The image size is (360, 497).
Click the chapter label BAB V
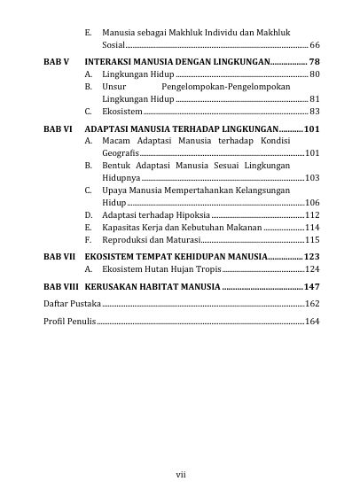pos(55,61)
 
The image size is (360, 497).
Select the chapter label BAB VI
pos(57,129)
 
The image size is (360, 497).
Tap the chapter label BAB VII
pos(59,255)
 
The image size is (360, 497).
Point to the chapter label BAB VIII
pos(61,287)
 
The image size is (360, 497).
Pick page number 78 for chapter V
pos(314,61)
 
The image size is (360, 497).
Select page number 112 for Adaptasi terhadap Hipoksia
pos(312,215)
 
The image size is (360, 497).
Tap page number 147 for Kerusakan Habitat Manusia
pos(311,287)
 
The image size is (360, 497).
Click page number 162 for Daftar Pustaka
pos(312,304)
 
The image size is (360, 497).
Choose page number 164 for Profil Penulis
pos(312,321)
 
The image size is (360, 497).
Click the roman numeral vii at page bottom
pos(180,475)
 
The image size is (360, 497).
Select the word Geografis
pos(120,153)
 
